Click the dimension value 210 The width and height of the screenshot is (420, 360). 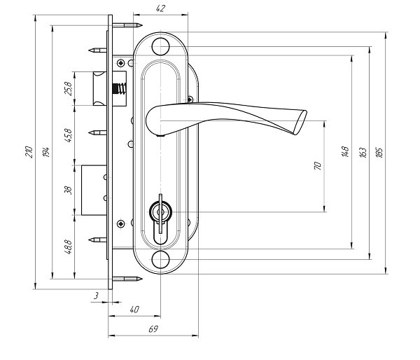[29, 152]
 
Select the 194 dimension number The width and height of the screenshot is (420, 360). [45, 152]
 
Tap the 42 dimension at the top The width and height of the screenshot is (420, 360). [160, 8]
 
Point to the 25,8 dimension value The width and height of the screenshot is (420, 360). [69, 88]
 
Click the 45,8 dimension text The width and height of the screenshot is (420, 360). [69, 135]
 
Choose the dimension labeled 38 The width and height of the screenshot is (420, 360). [69, 190]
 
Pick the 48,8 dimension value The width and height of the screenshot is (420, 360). [69, 247]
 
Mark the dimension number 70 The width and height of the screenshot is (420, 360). [317, 166]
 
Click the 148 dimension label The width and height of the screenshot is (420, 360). [345, 152]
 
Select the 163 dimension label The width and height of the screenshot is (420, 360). [363, 152]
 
